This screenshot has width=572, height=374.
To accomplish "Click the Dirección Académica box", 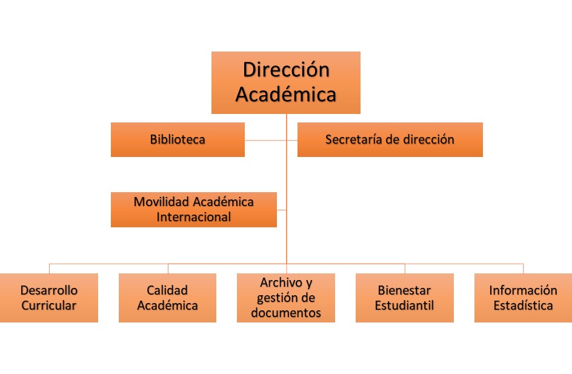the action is click(286, 82).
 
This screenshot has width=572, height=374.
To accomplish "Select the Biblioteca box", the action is click(178, 140).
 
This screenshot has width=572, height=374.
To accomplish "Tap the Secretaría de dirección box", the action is click(390, 140).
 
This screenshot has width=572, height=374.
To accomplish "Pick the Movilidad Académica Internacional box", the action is click(194, 210).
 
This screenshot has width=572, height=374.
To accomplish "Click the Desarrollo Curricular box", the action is click(49, 298).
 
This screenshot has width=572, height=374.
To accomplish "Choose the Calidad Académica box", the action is click(167, 298).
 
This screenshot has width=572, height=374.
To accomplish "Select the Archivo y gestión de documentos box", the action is click(286, 298).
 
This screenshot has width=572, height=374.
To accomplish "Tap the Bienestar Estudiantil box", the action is click(405, 298).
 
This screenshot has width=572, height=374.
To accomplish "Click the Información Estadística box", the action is click(523, 298).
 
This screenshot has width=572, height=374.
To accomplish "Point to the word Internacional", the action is click(194, 217).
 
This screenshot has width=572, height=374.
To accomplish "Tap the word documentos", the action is click(286, 313).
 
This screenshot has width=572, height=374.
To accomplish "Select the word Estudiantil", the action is click(405, 306).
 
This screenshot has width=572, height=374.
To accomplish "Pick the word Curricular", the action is click(49, 306).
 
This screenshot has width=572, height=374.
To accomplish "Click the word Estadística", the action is click(523, 306).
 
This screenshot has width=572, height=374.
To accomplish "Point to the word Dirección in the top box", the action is click(287, 69).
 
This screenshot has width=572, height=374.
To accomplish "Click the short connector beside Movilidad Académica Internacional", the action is click(282, 210).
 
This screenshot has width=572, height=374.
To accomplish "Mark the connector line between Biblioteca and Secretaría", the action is click(271, 140).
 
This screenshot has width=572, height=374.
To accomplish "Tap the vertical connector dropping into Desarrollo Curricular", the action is click(49, 269).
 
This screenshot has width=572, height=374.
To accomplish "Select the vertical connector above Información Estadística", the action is click(524, 269).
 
